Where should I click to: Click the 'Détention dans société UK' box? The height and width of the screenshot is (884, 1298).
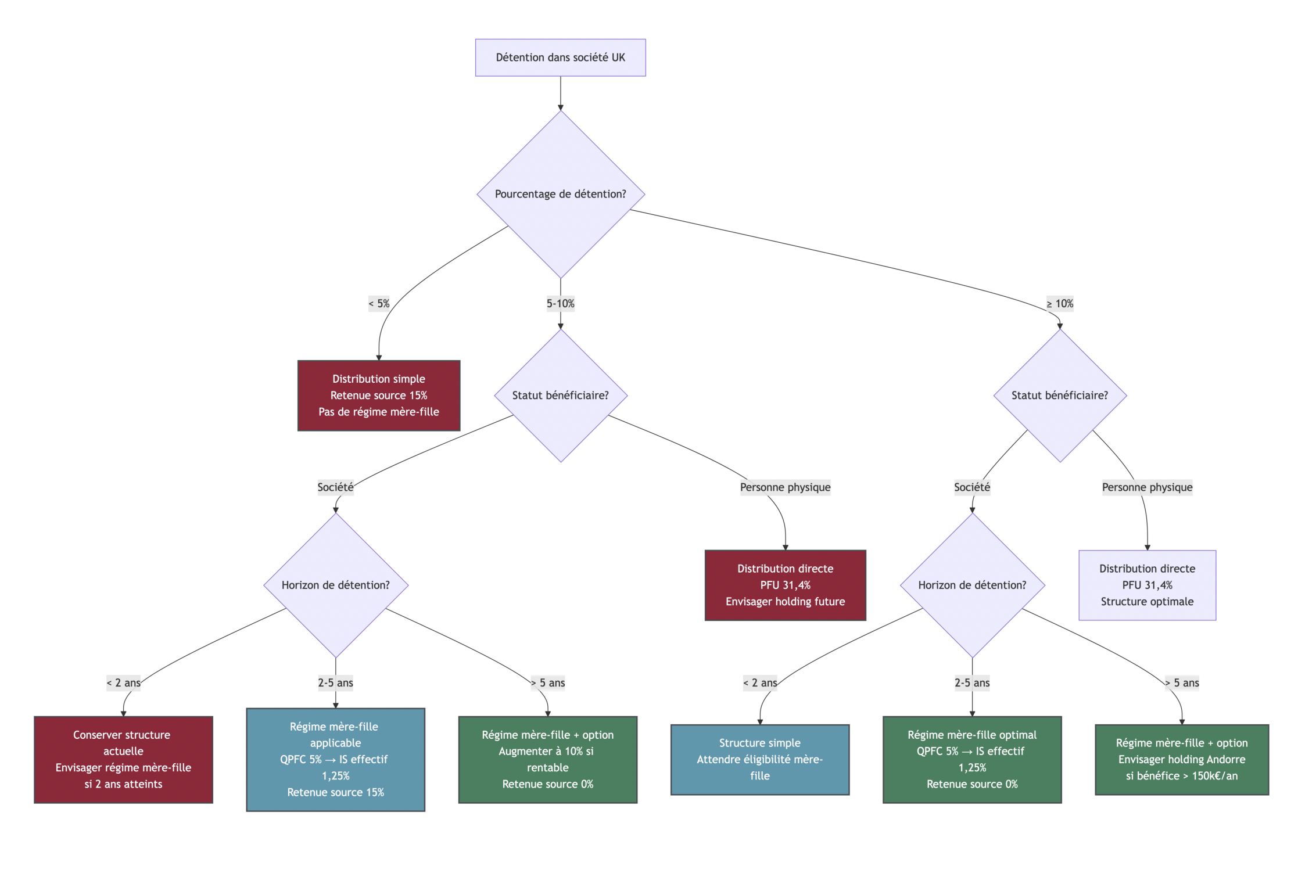[560, 58]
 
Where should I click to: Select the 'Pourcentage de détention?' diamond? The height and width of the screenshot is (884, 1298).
[560, 194]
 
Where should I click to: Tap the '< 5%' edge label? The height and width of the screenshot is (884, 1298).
[379, 303]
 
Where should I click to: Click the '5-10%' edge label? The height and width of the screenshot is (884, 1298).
[560, 303]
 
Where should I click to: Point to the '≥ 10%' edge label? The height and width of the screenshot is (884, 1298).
[1060, 303]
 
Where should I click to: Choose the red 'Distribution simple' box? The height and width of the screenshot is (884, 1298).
[379, 396]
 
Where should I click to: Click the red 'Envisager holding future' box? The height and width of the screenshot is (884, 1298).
[785, 585]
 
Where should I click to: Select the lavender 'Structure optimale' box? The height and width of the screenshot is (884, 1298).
[1147, 585]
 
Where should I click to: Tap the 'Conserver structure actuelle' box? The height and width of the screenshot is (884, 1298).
[123, 760]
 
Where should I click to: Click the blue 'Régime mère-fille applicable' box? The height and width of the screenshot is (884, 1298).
[335, 760]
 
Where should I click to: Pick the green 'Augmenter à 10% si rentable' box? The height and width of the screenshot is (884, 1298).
[547, 760]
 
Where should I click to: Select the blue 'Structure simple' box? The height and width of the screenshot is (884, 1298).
[759, 760]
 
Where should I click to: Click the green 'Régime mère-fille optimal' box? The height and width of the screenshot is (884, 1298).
[972, 760]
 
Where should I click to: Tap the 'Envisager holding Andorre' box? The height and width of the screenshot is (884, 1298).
[1182, 760]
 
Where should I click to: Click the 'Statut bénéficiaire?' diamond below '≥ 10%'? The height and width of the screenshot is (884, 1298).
[1060, 396]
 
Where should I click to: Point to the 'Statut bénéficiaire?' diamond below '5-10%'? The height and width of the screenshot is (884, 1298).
[560, 396]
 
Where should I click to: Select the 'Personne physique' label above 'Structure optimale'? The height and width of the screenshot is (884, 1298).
[1147, 487]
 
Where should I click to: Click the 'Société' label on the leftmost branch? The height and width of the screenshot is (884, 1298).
[335, 487]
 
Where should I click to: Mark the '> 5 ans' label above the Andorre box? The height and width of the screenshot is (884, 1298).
[1182, 683]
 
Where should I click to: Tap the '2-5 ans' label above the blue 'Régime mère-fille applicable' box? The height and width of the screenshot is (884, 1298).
[335, 683]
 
